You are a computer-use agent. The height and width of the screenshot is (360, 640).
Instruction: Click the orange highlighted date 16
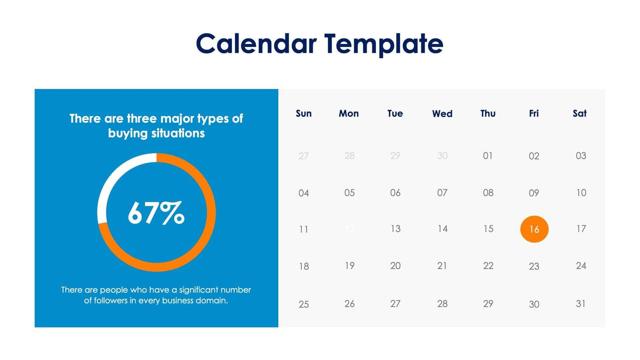pos(534,229)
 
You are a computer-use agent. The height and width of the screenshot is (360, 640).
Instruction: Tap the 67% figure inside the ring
pos(156,213)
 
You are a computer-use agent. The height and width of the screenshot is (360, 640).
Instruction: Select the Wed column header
pos(442,114)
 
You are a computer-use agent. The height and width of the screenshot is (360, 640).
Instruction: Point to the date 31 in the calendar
pos(581,303)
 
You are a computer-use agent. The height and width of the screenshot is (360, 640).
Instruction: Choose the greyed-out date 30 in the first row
pos(442,156)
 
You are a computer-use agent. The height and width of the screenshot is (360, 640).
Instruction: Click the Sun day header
pos(303,114)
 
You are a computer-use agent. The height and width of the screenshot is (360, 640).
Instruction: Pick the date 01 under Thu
pos(487,156)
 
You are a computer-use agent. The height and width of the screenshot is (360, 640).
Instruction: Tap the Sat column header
pos(579,114)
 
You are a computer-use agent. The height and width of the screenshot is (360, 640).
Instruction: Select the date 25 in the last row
pos(303,304)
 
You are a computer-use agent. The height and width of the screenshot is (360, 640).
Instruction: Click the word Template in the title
pos(383,43)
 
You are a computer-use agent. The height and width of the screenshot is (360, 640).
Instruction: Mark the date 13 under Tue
pos(395,229)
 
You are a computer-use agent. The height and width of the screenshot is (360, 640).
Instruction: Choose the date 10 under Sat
pos(581,193)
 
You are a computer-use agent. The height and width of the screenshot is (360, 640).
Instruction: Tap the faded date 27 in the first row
pos(303,156)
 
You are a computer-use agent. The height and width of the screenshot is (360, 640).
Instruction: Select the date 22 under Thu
pos(488,266)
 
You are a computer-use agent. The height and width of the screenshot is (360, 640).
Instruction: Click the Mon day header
pos(349,114)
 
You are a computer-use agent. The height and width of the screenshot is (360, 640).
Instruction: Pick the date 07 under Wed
pos(442,193)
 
